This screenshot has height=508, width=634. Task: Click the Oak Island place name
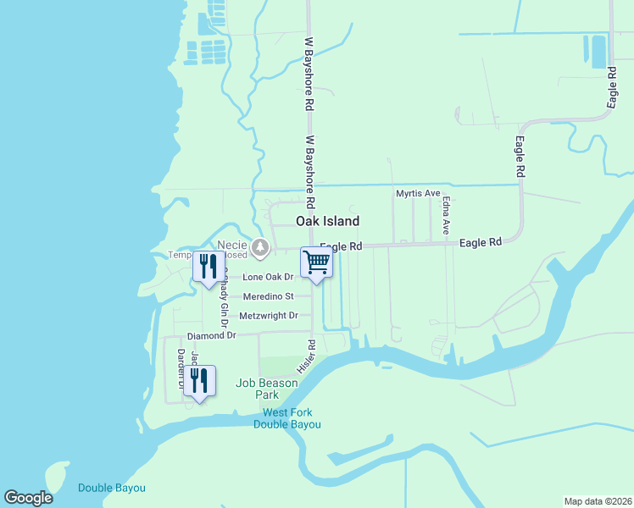tap(327, 221)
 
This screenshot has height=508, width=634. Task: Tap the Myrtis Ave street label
tap(419, 194)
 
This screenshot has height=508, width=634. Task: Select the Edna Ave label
tap(446, 217)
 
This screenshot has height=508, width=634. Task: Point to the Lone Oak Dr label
tap(268, 277)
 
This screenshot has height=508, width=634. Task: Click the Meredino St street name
tap(268, 296)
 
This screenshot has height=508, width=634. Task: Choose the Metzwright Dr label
tap(270, 316)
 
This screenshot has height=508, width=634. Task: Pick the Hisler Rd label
tap(307, 357)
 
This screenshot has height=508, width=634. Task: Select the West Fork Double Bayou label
tap(287, 418)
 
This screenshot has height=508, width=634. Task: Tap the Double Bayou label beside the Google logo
tap(112, 488)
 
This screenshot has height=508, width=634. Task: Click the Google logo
tap(28, 498)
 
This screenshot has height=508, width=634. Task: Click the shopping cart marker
tap(316, 262)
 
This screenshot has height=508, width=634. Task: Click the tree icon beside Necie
tap(261, 248)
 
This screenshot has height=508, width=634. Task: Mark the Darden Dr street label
tap(181, 368)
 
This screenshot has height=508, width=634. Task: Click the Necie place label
tap(231, 245)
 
